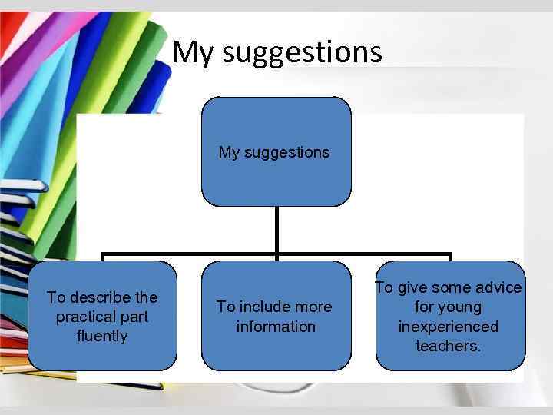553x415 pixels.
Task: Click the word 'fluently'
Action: [102, 336]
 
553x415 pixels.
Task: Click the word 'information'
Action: [276, 327]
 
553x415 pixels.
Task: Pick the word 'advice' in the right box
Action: [498, 287]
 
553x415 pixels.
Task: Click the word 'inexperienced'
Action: [448, 327]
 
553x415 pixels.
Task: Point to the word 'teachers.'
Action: [449, 346]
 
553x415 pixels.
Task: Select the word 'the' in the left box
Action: [145, 297]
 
